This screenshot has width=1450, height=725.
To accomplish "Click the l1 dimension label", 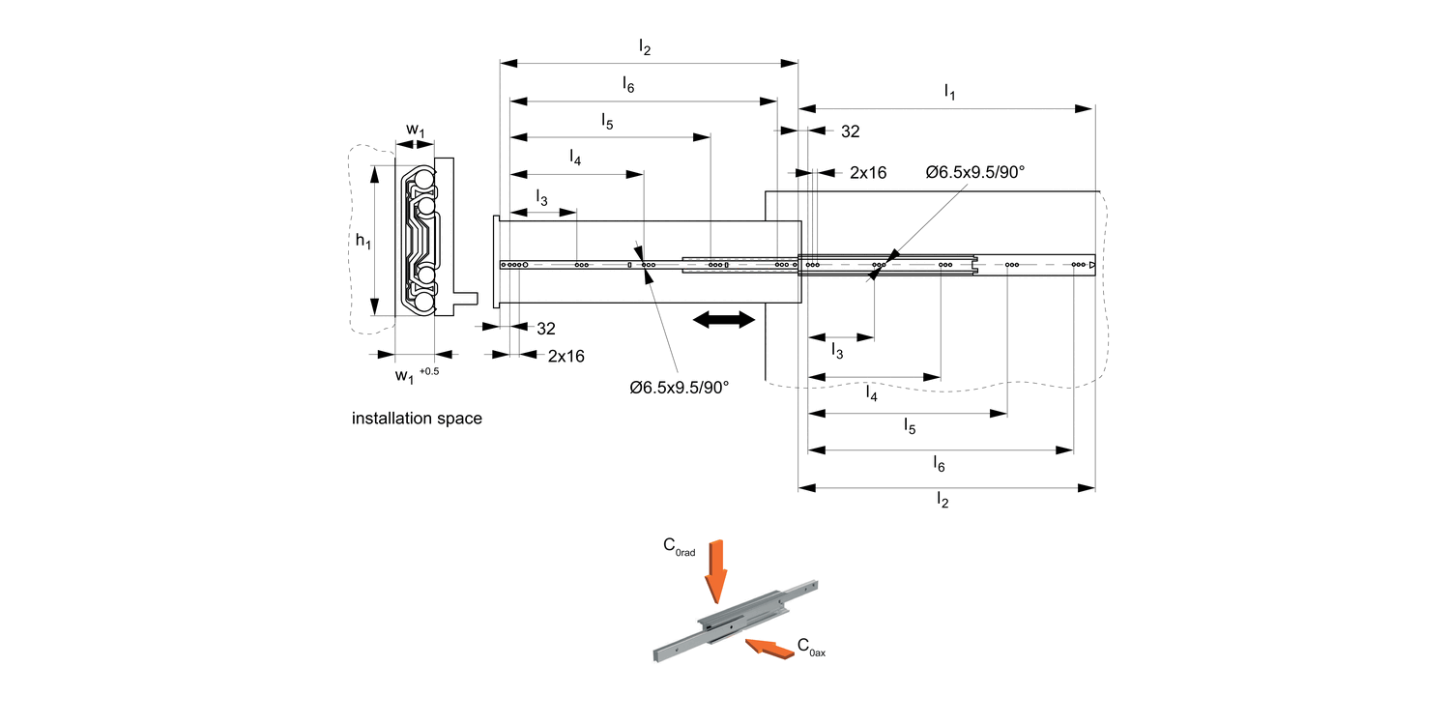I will (949, 93).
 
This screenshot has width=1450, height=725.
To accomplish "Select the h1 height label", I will (362, 241).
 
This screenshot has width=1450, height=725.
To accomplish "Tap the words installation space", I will (417, 420).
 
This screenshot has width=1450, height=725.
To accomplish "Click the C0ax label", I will (811, 648).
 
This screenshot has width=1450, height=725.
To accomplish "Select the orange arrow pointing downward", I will (715, 572).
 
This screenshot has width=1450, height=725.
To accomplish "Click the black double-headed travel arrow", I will (724, 320).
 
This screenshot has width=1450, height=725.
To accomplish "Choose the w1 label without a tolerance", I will (415, 130).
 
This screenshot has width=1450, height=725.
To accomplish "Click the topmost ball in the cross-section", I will (421, 181).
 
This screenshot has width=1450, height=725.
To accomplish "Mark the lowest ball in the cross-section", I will (422, 304).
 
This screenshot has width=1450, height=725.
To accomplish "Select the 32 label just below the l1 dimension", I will (850, 132).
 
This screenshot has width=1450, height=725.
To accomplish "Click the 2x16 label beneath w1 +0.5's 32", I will (565, 356).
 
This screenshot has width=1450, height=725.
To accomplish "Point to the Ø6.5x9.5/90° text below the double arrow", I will (679, 388).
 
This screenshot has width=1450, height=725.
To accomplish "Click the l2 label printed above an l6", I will (645, 46).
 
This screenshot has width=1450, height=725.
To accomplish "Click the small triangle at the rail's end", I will (1091, 265).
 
